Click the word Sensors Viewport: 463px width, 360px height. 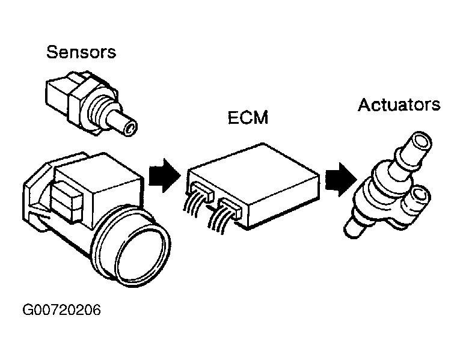tap(81, 52)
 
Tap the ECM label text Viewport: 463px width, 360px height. tap(248, 117)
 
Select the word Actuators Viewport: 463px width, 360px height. tap(399, 105)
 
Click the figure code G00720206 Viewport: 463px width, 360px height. tap(61, 310)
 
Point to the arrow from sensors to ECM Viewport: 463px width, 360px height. tap(164, 175)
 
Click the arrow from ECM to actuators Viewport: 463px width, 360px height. tap(341, 180)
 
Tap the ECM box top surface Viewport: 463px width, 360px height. tap(254, 172)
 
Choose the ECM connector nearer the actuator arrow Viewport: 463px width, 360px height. tap(230, 208)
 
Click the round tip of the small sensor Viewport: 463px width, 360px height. tap(130, 129)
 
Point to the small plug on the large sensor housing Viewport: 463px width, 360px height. tap(67, 201)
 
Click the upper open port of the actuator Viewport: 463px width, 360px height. tap(421, 142)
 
